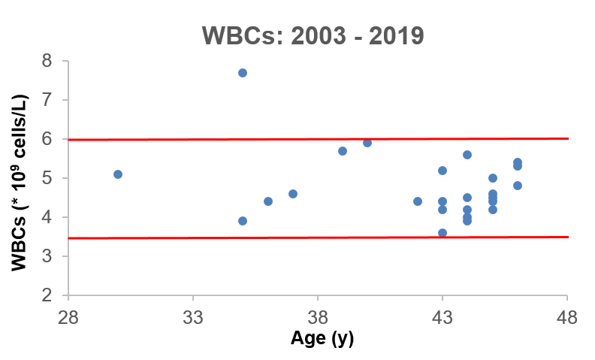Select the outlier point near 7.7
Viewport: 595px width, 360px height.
pyautogui.click(x=243, y=73)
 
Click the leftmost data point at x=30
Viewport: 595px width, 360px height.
pyautogui.click(x=118, y=174)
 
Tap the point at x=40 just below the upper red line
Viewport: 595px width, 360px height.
pyautogui.click(x=367, y=143)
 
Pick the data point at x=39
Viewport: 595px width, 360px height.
pyautogui.click(x=343, y=151)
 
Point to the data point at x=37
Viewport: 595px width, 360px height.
pyautogui.click(x=293, y=194)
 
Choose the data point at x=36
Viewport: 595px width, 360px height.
pyautogui.click(x=268, y=201)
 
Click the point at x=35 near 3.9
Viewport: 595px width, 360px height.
pyautogui.click(x=243, y=221)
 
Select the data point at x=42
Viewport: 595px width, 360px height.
pyautogui.click(x=418, y=201)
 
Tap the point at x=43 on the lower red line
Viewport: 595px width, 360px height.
pyautogui.click(x=442, y=233)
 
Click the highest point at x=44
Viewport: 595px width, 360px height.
pyautogui.click(x=467, y=155)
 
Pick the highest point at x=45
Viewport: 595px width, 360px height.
pyautogui.click(x=493, y=178)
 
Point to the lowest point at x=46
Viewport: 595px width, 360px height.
pyautogui.click(x=518, y=186)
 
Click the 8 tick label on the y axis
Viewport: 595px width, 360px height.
pyautogui.click(x=47, y=61)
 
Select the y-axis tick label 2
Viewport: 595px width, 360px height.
pyautogui.click(x=47, y=295)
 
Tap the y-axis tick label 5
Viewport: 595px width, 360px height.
pyautogui.click(x=47, y=178)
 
